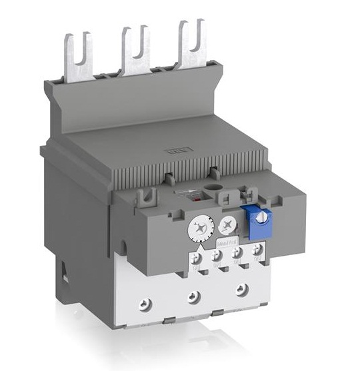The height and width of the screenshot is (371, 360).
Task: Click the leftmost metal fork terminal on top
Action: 76,56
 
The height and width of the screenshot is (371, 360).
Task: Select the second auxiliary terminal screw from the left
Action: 216,256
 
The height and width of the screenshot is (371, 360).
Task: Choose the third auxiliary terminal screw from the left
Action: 237,253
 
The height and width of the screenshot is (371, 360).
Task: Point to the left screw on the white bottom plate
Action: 141,303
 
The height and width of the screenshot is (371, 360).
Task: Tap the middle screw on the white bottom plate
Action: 193,298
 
